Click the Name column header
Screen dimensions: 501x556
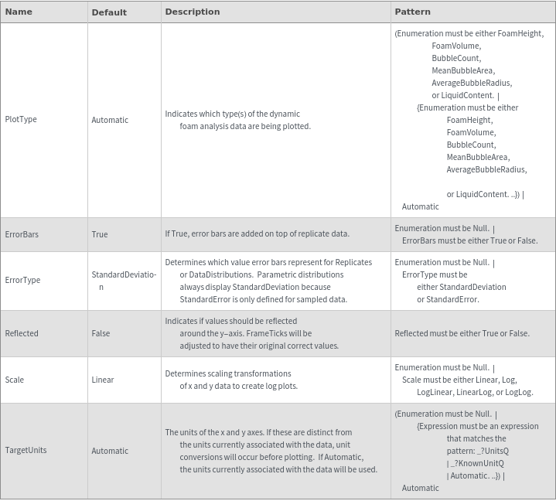pyautogui.click(x=19, y=12)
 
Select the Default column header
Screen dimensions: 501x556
pyautogui.click(x=109, y=12)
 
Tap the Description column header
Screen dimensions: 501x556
pyautogui.click(x=192, y=12)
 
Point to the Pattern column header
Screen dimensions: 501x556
pyautogui.click(x=412, y=12)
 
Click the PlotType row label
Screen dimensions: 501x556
pyautogui.click(x=21, y=120)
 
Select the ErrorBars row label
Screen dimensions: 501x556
pyautogui.click(x=22, y=234)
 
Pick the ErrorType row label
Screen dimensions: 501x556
pyautogui.click(x=22, y=280)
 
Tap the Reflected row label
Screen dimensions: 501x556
pyautogui.click(x=22, y=333)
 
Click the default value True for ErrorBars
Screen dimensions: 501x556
pyautogui.click(x=100, y=234)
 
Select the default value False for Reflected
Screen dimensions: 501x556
pyautogui.click(x=101, y=333)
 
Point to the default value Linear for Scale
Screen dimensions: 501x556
pyautogui.click(x=103, y=380)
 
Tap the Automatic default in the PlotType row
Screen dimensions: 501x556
pyautogui.click(x=110, y=120)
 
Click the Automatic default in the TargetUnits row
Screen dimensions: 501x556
pyautogui.click(x=110, y=451)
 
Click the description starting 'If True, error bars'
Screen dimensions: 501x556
pyautogui.click(x=257, y=233)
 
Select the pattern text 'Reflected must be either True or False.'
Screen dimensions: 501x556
pyautogui.click(x=462, y=333)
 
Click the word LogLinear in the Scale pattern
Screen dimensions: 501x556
pyautogui.click(x=434, y=392)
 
